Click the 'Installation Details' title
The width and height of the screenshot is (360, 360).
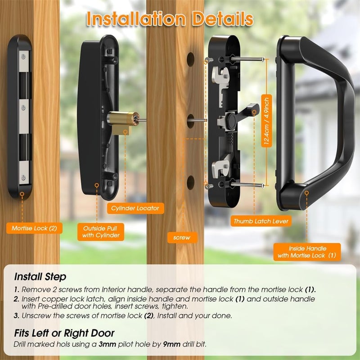click(x=170, y=19)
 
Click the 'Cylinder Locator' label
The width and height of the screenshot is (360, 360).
click(x=135, y=208)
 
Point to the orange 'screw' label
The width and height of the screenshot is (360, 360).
click(x=181, y=237)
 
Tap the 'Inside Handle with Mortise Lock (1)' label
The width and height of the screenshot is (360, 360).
click(x=307, y=252)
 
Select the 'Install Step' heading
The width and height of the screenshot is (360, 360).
click(x=40, y=276)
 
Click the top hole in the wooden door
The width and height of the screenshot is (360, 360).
click(x=191, y=58)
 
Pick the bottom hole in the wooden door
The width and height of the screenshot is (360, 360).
click(x=191, y=182)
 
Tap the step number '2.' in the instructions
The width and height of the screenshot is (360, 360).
click(x=16, y=299)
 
